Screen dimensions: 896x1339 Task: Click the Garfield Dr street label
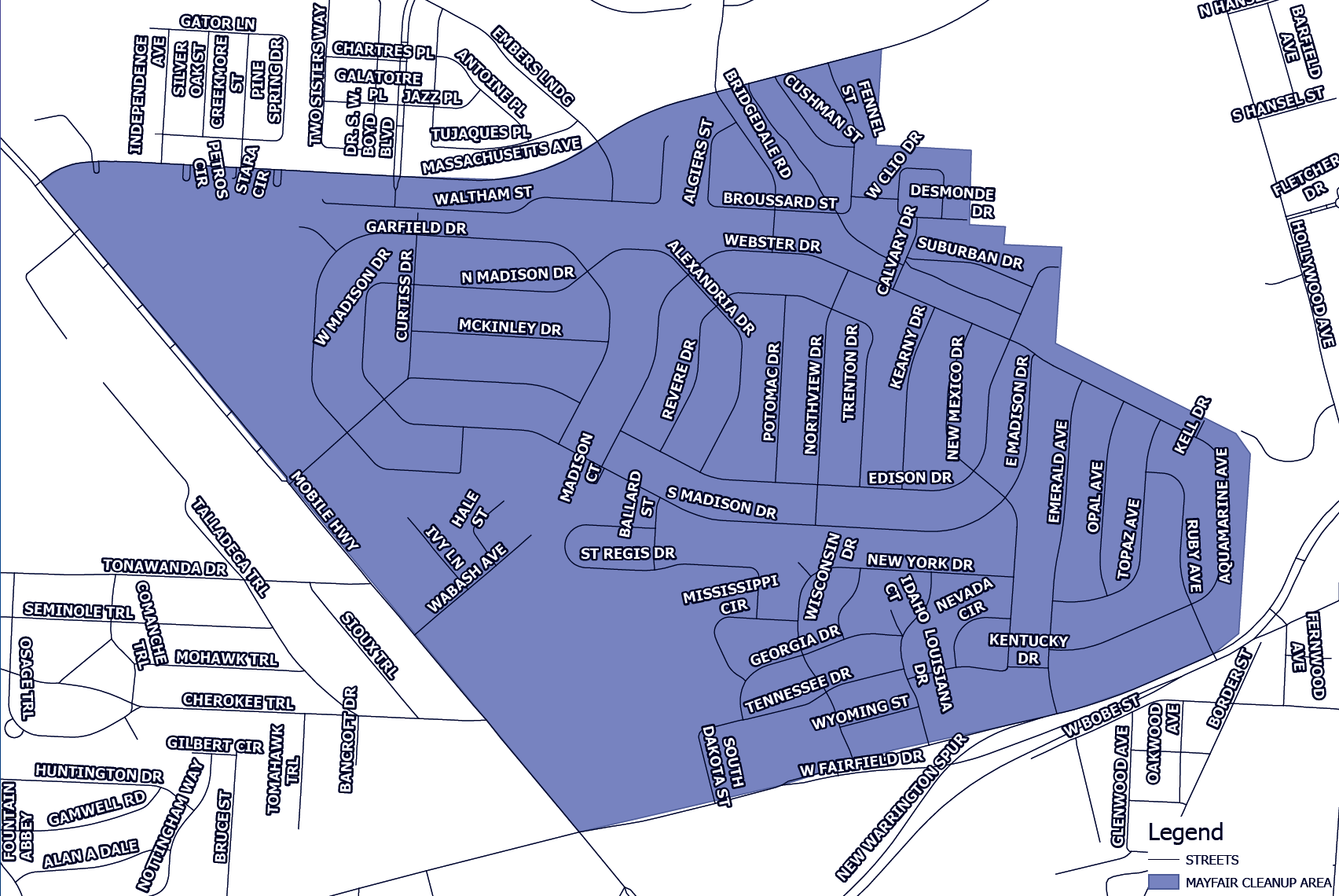(416, 227)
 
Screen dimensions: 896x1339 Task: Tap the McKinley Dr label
(510, 327)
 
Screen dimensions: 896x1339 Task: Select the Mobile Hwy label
(325, 510)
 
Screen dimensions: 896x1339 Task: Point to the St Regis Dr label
(627, 553)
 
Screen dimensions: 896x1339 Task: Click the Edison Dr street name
(909, 478)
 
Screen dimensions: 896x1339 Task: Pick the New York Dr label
(919, 562)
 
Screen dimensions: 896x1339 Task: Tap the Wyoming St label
(860, 712)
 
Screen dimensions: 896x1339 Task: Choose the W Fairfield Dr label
(861, 764)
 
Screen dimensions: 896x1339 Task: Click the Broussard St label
(780, 200)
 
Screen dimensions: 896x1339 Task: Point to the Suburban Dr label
(970, 253)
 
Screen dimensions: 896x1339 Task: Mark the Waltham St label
(483, 196)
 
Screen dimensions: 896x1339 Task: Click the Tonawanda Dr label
(164, 567)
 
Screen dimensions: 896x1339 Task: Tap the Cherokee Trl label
(238, 700)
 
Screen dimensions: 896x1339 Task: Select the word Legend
(1185, 832)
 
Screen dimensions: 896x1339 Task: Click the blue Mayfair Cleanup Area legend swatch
(1163, 882)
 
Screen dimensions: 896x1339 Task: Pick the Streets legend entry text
(1212, 860)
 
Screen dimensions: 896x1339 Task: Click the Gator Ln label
(218, 22)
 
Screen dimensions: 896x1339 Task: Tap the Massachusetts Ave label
(501, 156)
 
